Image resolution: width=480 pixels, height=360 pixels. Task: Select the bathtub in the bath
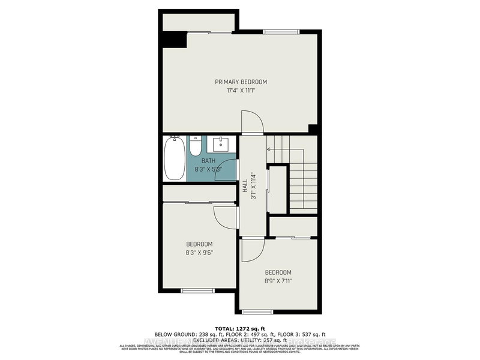point(175,158)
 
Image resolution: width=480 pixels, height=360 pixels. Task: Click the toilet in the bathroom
point(196,148)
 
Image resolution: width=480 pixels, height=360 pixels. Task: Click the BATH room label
point(208,161)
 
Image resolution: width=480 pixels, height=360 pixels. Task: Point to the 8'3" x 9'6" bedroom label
point(199,248)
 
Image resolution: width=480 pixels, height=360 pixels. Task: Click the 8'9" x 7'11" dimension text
point(278,276)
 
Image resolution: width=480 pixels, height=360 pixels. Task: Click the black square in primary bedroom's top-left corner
point(173,40)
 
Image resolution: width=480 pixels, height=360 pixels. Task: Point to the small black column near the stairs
point(313,128)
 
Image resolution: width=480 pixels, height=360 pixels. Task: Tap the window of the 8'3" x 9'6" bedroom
point(198,290)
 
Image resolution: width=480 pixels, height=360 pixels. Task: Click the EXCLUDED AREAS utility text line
point(240,340)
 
